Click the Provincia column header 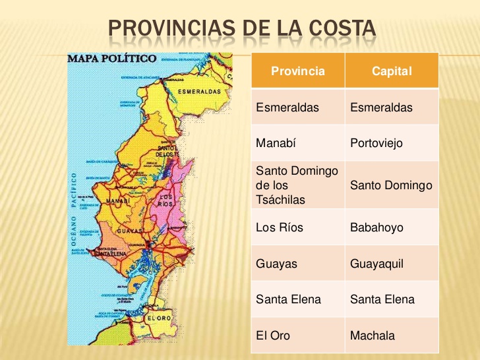297,71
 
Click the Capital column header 392,71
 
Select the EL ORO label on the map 159,318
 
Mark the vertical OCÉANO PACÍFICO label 74,211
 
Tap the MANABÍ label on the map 117,200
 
